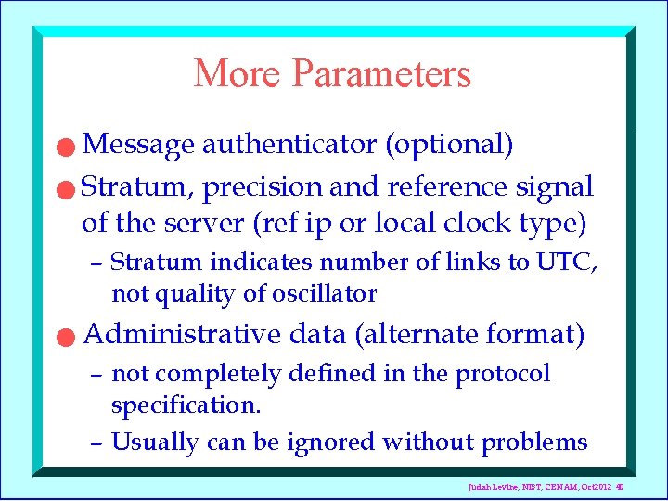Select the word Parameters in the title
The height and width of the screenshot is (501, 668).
(381, 74)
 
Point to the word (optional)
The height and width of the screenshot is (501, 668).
(449, 145)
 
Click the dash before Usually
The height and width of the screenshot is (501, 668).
(96, 443)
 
